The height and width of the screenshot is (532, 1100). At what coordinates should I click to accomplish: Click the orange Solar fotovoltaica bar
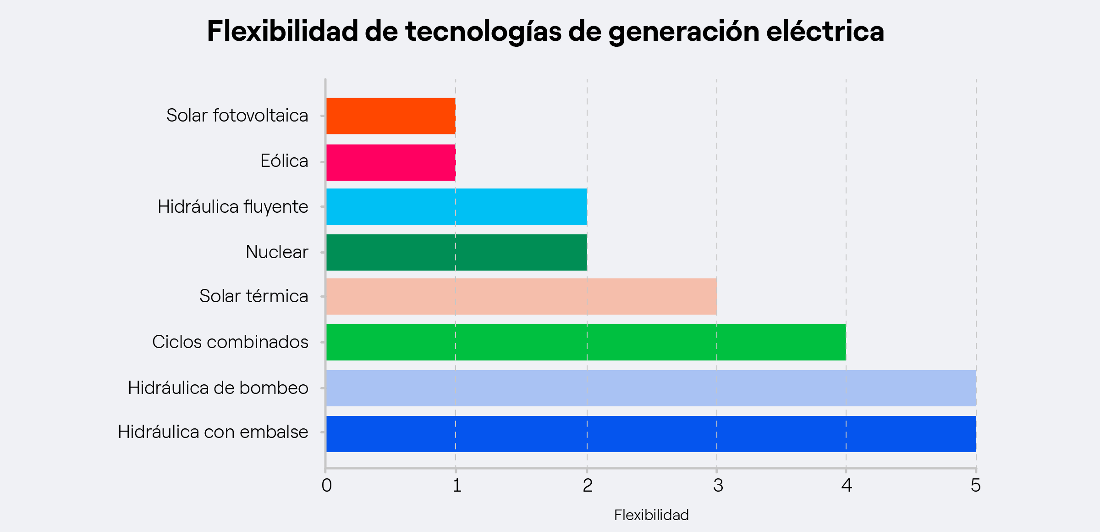390,116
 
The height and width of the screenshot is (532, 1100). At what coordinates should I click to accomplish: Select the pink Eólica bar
390,162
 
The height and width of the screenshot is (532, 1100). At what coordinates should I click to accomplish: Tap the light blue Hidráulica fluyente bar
456,206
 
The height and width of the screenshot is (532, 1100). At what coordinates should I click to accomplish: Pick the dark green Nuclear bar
456,252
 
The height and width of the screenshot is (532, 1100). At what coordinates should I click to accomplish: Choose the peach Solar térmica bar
521,296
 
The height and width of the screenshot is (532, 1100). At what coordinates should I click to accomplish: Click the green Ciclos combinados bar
586,342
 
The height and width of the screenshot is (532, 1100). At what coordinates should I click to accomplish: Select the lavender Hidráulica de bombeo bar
651,388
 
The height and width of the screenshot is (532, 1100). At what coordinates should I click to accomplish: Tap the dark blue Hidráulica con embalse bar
651,434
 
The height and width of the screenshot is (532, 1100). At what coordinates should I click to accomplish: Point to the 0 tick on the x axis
326,485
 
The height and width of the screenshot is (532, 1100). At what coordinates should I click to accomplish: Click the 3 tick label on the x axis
718,485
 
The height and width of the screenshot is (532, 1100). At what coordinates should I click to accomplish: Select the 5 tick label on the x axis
975,485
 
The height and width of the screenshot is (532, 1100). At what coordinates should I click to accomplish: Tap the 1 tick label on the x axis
456,485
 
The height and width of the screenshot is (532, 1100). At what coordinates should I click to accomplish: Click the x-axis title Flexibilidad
651,515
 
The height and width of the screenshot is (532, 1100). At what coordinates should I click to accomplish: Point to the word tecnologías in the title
483,32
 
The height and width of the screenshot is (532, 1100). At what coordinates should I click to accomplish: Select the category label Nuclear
277,252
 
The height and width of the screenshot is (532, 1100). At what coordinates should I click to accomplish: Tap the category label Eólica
284,161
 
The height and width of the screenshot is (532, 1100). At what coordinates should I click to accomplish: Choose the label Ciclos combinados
230,342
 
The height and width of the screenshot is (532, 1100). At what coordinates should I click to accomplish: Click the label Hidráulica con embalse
213,432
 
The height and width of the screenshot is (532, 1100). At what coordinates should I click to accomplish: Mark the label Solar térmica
253,296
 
